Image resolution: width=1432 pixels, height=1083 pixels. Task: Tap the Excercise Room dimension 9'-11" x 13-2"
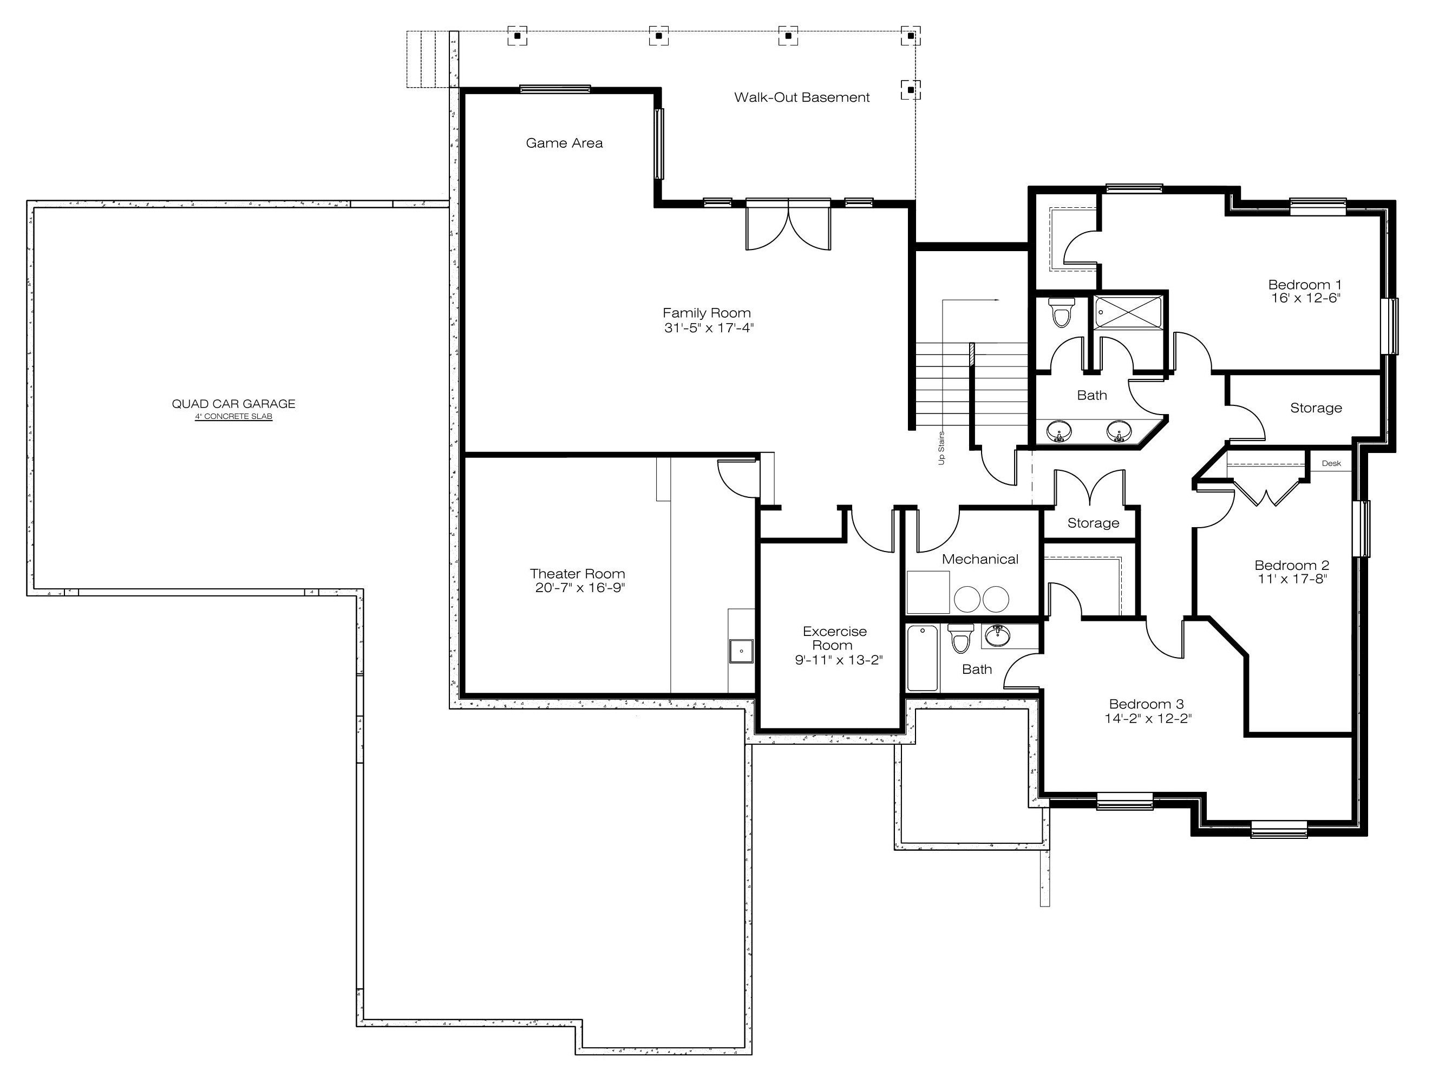point(839,660)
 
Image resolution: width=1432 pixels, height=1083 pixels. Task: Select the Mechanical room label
point(980,559)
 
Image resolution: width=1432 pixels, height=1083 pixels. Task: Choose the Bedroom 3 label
point(1147,704)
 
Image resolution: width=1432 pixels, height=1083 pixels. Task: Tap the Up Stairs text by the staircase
point(941,448)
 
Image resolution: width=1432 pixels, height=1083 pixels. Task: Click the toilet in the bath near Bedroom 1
point(1061,312)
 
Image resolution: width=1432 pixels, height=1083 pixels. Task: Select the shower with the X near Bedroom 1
point(1128,312)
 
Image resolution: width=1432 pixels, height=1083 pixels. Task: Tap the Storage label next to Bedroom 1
point(1316,408)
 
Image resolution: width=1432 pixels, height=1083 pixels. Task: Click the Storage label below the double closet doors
point(1094,523)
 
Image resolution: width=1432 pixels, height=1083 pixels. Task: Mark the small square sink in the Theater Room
point(741,651)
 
